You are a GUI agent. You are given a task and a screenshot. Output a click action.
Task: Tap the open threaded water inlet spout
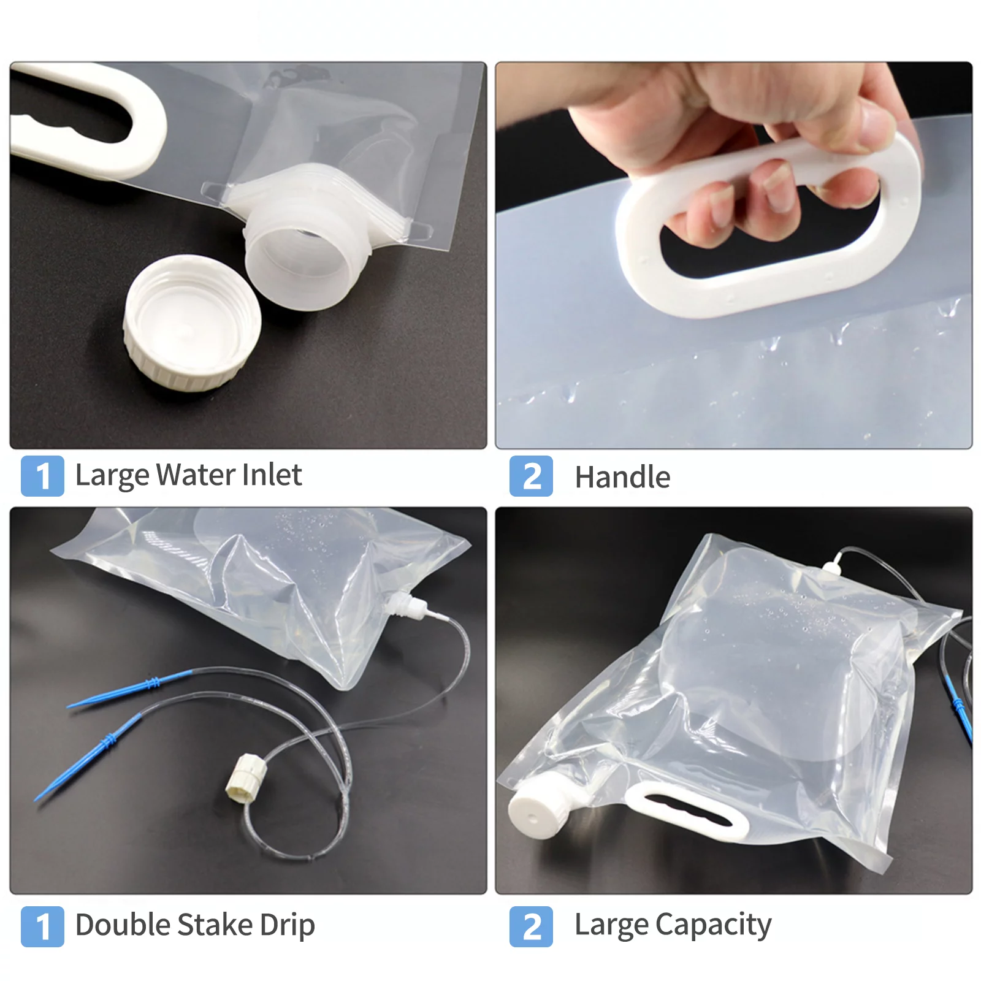coord(300,258)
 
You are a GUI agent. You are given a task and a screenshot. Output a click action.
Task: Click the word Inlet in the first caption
coord(272,475)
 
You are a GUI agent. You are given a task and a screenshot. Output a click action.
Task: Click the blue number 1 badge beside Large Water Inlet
coord(42,476)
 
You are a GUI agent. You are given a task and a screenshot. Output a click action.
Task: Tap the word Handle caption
coord(622,478)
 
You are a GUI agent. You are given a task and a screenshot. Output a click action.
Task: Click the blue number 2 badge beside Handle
coord(531,476)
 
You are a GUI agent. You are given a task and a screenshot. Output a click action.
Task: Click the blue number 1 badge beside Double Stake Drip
coord(42,926)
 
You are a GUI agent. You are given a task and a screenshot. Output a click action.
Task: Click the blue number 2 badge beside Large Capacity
coord(531,926)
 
